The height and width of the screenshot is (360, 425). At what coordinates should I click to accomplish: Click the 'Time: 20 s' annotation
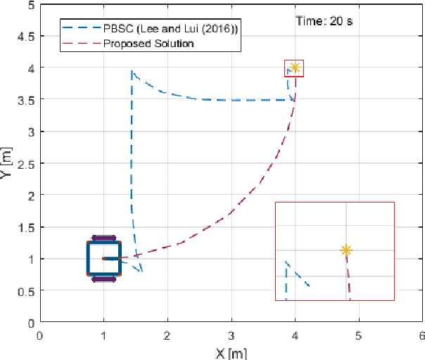click(x=324, y=21)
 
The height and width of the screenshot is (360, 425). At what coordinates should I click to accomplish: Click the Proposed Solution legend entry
click(x=148, y=44)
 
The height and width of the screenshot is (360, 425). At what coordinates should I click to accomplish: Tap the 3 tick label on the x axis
click(x=231, y=335)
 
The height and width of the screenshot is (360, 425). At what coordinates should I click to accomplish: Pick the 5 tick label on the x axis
click(x=358, y=335)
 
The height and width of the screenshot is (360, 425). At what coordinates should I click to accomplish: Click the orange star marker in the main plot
click(x=295, y=67)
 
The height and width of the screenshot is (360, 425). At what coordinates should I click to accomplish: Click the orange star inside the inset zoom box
click(x=345, y=250)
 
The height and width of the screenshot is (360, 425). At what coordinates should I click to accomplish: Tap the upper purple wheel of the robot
click(x=104, y=238)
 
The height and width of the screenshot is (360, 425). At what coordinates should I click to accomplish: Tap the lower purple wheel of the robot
click(x=104, y=279)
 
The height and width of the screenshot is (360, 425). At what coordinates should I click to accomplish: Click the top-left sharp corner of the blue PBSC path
click(x=132, y=70)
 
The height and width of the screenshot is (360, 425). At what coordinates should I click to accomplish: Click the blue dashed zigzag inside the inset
click(x=296, y=274)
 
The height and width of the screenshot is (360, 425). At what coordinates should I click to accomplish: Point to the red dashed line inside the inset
click(x=348, y=281)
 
